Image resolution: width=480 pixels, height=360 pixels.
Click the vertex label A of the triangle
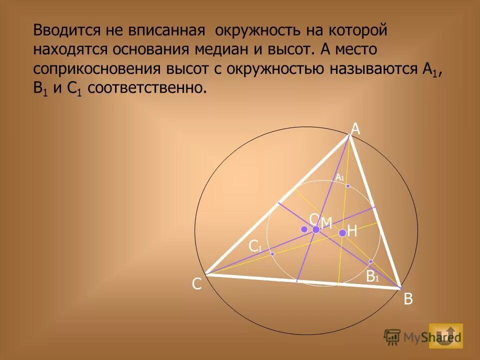tap(355, 129)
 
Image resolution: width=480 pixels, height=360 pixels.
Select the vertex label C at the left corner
tap(197, 284)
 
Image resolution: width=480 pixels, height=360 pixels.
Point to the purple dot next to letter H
tap(342, 233)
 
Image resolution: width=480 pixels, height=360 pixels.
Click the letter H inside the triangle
tap(352, 231)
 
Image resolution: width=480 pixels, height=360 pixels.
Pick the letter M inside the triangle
tap(326, 223)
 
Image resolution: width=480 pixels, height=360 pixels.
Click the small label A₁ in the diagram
tap(340, 177)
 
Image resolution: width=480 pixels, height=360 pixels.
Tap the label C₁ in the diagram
tap(255, 246)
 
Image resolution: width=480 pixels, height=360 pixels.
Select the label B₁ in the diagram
tap(372, 276)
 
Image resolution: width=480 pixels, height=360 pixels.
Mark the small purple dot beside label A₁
tap(348, 186)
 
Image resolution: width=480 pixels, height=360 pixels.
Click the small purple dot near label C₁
tap(272, 254)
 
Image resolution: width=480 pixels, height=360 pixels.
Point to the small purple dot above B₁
tap(370, 261)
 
